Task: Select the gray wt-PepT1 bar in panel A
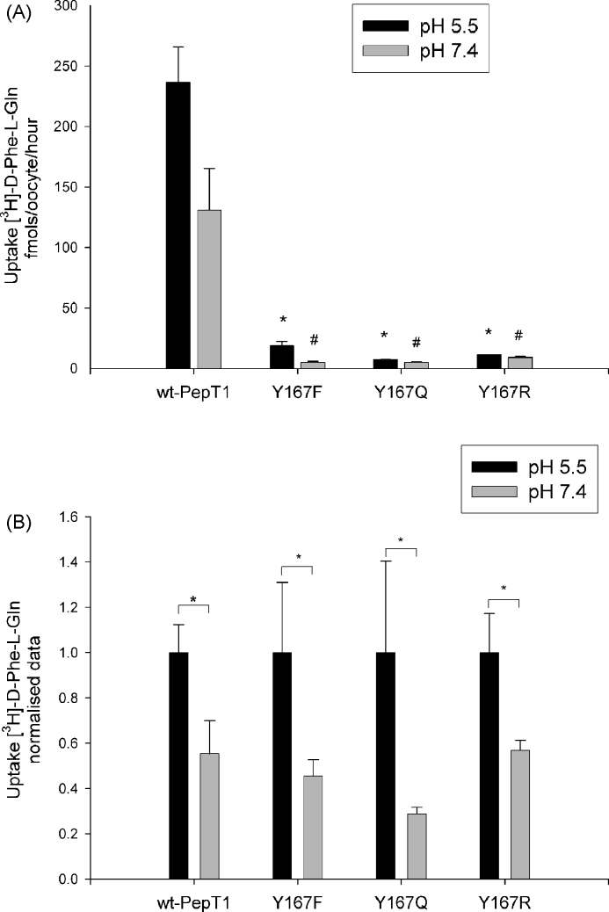click(x=209, y=289)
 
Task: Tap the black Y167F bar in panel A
click(x=282, y=357)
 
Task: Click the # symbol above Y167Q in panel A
click(x=417, y=343)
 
